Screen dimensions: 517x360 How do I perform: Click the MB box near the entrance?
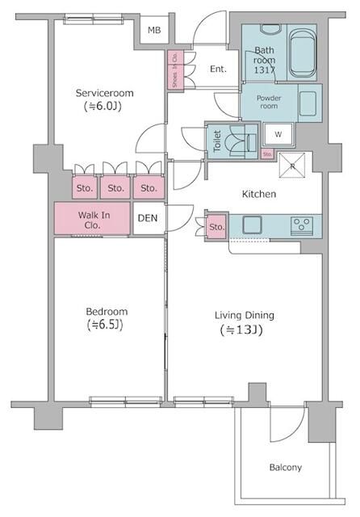pos(154,32)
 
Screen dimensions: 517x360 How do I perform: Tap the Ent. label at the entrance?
pos(218,69)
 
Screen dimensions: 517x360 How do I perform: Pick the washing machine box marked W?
pos(278,133)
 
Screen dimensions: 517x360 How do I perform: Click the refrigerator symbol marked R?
pos(293,166)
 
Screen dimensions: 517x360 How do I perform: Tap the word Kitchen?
pos(259,195)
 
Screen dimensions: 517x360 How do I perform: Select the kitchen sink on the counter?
pos(251,225)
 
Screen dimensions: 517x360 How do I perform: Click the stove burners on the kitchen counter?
pos(303,225)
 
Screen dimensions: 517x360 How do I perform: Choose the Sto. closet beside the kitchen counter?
pos(216,227)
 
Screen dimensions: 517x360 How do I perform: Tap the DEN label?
pos(148,218)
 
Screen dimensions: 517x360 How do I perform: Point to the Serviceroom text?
pos(105,93)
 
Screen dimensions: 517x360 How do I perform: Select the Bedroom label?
pos(107,312)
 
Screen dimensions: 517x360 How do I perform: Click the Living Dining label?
pos(244,315)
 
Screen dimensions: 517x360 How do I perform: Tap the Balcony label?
pos(285,468)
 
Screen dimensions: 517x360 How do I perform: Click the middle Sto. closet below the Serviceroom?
pos(116,188)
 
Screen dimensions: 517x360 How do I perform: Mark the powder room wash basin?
pos(308,103)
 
